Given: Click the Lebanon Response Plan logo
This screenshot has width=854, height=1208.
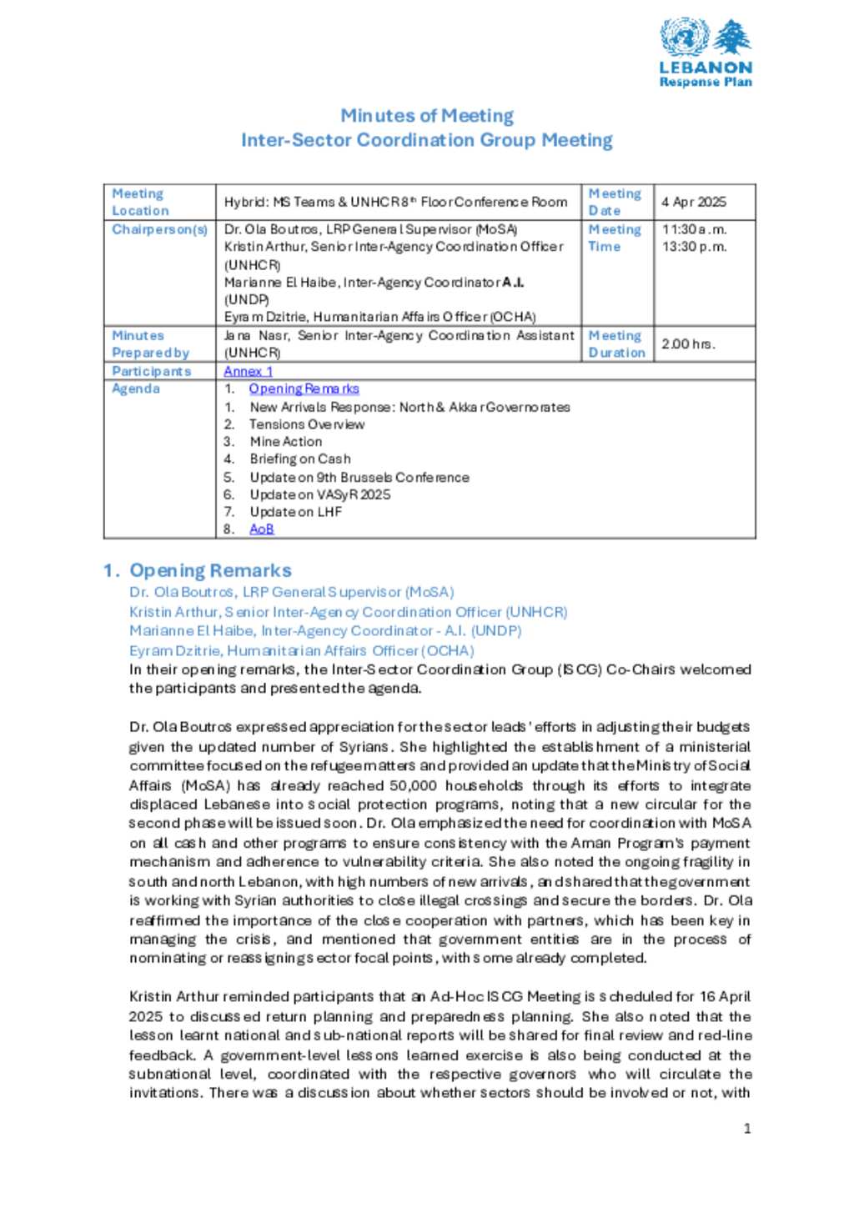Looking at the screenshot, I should click(x=706, y=53).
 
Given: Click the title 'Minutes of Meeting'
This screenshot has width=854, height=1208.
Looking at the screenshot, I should click(x=426, y=116).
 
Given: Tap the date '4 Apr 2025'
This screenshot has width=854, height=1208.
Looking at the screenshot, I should click(x=694, y=202).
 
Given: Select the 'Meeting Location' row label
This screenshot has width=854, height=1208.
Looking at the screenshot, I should click(x=140, y=202).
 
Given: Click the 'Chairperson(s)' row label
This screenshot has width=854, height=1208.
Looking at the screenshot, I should click(x=159, y=229).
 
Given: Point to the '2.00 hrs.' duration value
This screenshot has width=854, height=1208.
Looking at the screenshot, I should click(x=688, y=343).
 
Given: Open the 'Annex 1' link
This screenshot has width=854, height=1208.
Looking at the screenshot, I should click(x=248, y=371).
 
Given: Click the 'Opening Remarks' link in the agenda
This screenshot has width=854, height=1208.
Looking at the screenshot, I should click(x=304, y=388).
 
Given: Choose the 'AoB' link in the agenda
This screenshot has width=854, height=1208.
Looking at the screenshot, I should click(x=261, y=529).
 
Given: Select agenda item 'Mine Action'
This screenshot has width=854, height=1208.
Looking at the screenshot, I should click(x=285, y=441).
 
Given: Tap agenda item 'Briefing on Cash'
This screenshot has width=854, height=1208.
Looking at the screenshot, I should click(x=300, y=459).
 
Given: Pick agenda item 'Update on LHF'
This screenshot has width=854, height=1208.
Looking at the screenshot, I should click(x=295, y=511).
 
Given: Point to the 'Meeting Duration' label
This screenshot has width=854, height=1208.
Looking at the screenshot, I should click(x=616, y=343).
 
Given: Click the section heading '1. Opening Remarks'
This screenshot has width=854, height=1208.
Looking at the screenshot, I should click(x=198, y=570).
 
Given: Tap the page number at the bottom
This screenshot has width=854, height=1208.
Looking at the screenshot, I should click(x=747, y=1128).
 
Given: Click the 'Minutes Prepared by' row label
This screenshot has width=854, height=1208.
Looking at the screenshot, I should click(x=150, y=343).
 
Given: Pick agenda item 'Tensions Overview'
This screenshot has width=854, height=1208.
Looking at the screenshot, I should click(x=306, y=424).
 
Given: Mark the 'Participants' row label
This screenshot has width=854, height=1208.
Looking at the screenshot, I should click(x=151, y=371).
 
